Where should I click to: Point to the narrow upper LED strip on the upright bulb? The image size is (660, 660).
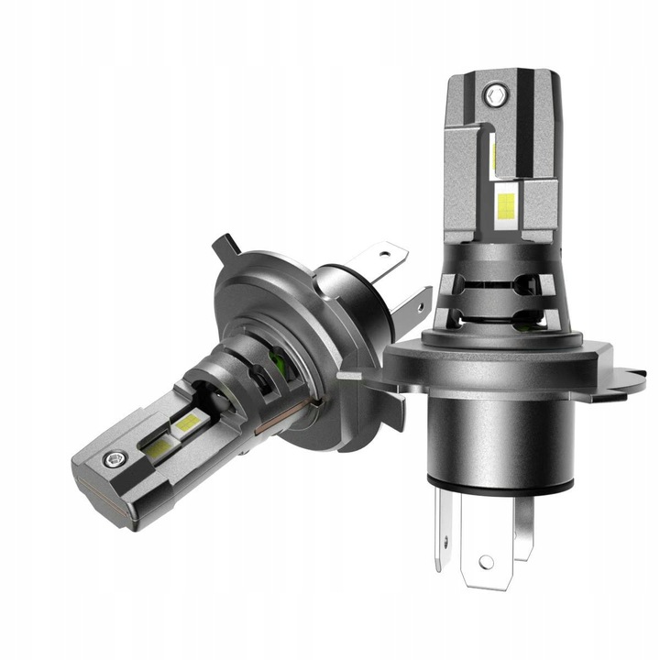[495, 154]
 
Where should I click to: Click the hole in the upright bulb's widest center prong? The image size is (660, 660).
[486, 561]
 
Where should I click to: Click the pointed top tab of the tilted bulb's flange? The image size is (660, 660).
[223, 246]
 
